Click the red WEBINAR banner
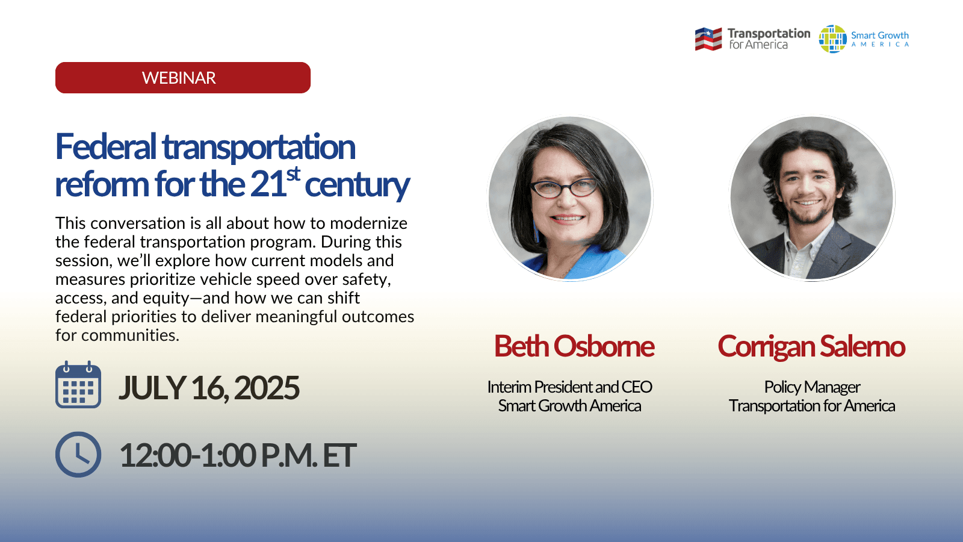click(x=183, y=78)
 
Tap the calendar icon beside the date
click(x=78, y=385)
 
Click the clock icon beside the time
click(x=78, y=455)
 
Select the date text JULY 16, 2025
click(x=209, y=388)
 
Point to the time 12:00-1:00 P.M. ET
click(x=238, y=456)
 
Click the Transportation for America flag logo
click(x=708, y=39)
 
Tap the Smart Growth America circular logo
click(x=833, y=39)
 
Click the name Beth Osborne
click(x=574, y=346)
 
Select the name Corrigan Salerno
click(x=811, y=346)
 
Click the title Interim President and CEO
click(x=569, y=387)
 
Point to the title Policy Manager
click(x=812, y=387)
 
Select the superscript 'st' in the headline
click(x=293, y=174)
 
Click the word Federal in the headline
click(x=106, y=147)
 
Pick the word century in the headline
click(x=357, y=185)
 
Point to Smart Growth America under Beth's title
click(x=569, y=406)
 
